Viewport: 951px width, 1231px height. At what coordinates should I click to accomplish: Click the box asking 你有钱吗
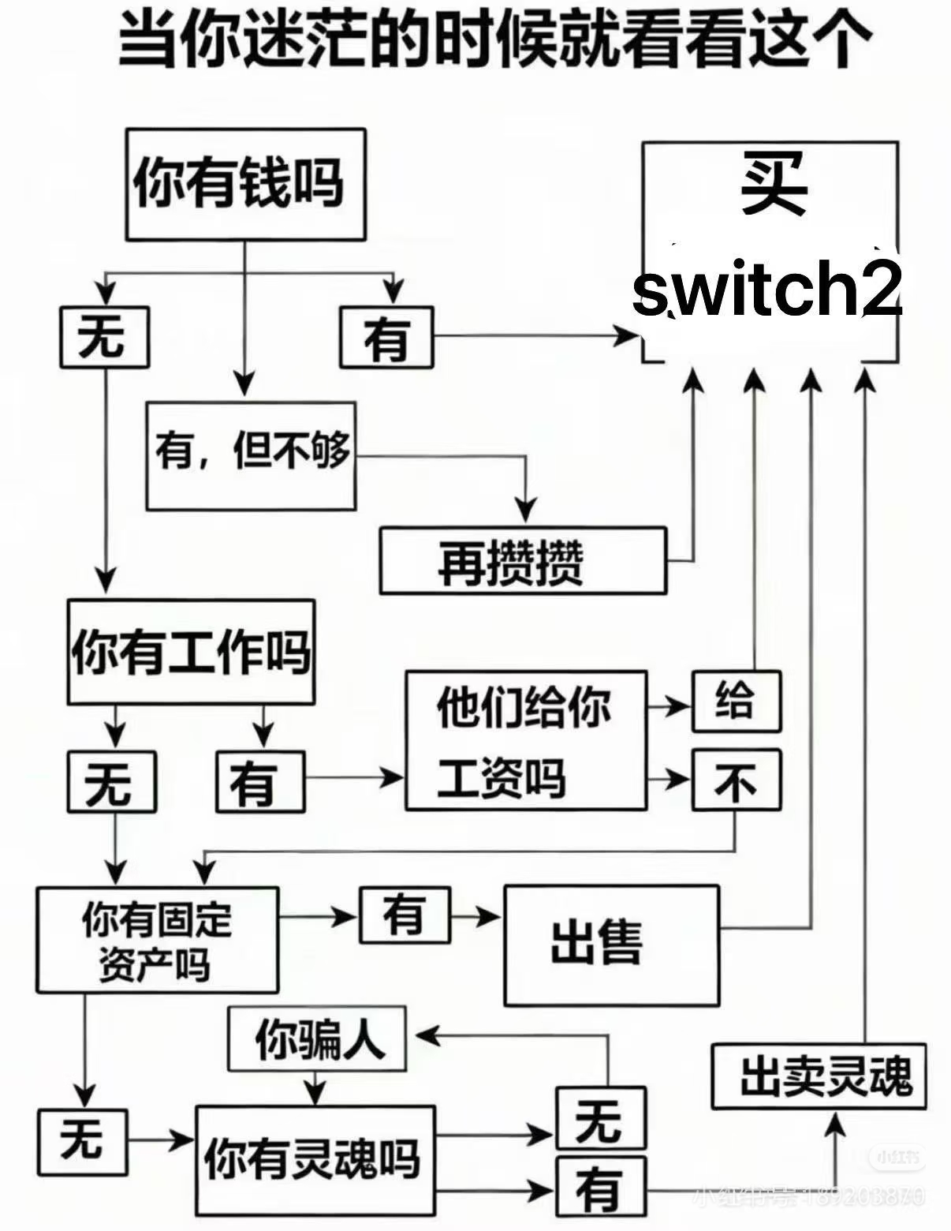(245, 185)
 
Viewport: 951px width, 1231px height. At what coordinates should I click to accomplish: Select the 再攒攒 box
(523, 561)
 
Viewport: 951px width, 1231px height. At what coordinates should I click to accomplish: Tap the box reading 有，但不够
(251, 455)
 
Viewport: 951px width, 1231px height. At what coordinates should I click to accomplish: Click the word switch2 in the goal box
(767, 289)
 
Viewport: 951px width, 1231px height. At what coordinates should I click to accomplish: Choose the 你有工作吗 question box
(191, 653)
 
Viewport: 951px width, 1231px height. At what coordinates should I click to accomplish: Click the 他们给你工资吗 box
(526, 741)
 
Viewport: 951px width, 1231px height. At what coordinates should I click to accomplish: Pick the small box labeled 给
(736, 701)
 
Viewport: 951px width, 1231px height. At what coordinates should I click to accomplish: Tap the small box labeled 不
(736, 780)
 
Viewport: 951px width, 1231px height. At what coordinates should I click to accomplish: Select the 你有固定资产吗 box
(157, 940)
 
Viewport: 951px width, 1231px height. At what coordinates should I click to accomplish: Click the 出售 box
(611, 945)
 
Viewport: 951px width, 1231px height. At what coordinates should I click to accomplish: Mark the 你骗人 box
(317, 1038)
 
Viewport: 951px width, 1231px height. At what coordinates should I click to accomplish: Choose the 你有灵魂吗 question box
(315, 1160)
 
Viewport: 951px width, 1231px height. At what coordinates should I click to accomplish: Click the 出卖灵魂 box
(818, 1076)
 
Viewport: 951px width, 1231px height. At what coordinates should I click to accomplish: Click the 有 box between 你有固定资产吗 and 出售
(405, 915)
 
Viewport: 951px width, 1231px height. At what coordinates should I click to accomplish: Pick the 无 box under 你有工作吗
(111, 782)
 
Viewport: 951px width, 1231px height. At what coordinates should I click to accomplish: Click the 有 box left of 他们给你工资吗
(260, 782)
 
